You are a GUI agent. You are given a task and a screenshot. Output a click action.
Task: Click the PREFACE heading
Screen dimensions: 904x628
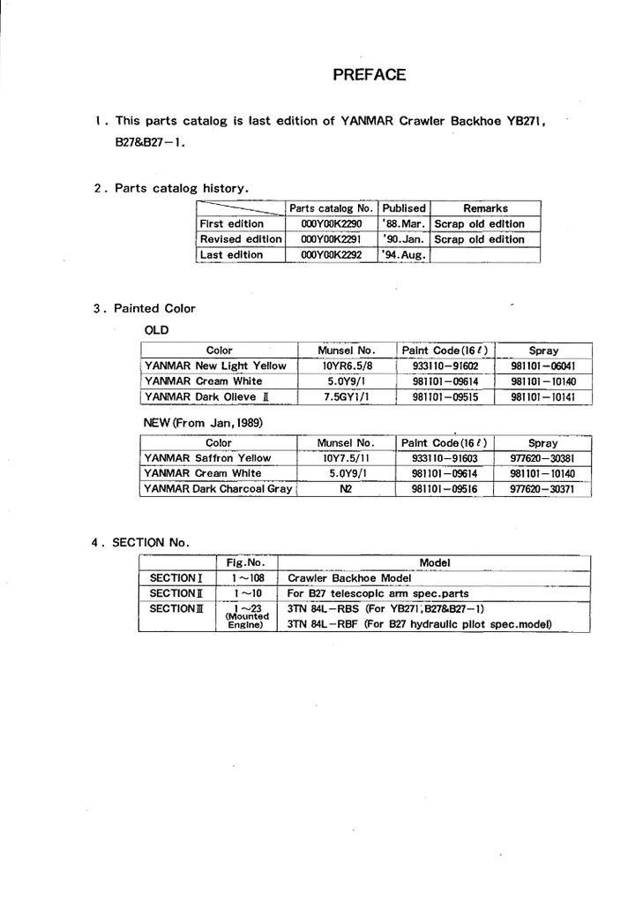[x=369, y=75]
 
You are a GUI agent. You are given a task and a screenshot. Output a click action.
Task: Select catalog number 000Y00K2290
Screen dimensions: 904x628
[x=331, y=224]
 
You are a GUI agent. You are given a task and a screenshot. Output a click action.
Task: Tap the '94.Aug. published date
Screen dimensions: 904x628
[x=404, y=255]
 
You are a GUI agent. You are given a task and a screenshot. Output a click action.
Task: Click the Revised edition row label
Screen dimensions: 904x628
[x=241, y=239]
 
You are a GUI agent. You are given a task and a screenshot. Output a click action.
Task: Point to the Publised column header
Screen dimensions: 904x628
[x=404, y=208]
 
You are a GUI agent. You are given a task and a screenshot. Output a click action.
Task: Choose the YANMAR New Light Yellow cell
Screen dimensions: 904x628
[x=215, y=365]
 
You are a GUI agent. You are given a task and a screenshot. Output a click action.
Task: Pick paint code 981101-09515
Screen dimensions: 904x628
[x=445, y=398]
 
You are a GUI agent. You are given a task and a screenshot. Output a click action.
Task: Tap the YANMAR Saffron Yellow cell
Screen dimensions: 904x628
[x=208, y=458]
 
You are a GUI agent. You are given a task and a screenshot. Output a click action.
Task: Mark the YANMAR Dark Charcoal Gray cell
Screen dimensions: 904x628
[x=218, y=489]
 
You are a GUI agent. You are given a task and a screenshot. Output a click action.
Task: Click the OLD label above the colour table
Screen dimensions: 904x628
[x=155, y=329]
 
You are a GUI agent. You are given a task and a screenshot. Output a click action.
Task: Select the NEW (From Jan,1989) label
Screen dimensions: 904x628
[x=203, y=423]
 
